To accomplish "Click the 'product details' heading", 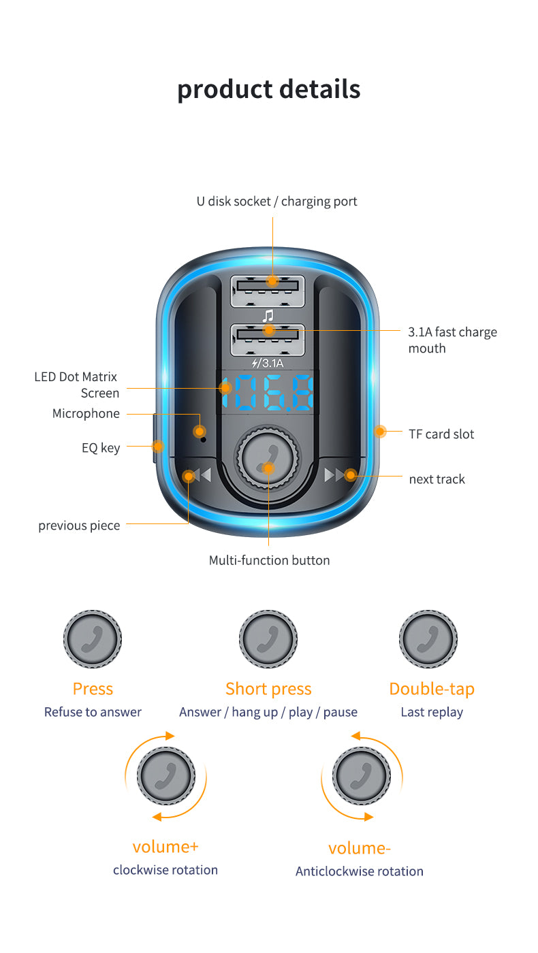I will tap(268, 89).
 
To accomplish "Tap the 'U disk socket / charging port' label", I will tap(276, 201).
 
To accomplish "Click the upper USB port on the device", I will tap(268, 291).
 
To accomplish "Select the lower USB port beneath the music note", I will tap(268, 339).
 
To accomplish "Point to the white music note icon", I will tap(268, 315).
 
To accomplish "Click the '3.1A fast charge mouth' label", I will tap(452, 340).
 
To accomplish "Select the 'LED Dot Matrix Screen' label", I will tap(76, 385).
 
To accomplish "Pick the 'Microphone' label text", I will tap(86, 413).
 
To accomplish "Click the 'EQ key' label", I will tap(101, 447).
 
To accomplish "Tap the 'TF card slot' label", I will tap(441, 434).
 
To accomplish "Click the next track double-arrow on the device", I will tap(338, 474).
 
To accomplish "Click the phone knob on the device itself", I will tap(267, 457).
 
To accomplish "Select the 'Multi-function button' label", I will tap(269, 560).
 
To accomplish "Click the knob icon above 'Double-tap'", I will tap(428, 639).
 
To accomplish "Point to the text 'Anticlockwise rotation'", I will tap(359, 871).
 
